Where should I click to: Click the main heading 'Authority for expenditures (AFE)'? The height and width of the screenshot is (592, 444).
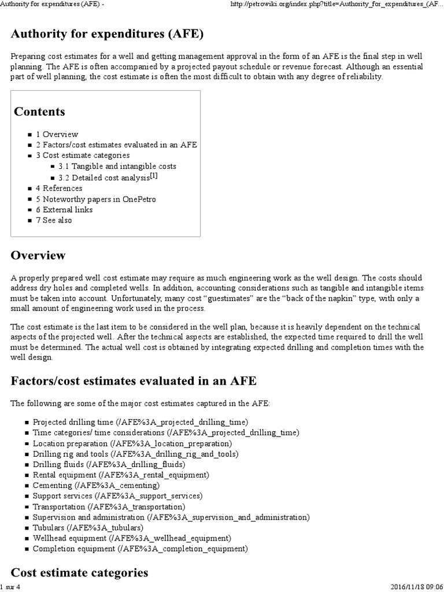(107, 34)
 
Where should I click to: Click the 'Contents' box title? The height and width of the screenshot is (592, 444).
(39, 112)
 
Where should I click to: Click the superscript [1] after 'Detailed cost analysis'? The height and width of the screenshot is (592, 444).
(154, 176)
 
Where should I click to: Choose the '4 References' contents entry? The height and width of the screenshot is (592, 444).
(59, 188)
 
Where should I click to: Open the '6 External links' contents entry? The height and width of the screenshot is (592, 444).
(64, 210)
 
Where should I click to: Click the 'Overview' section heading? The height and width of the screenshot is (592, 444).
(38, 255)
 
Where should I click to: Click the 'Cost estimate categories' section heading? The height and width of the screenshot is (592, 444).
(79, 573)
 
